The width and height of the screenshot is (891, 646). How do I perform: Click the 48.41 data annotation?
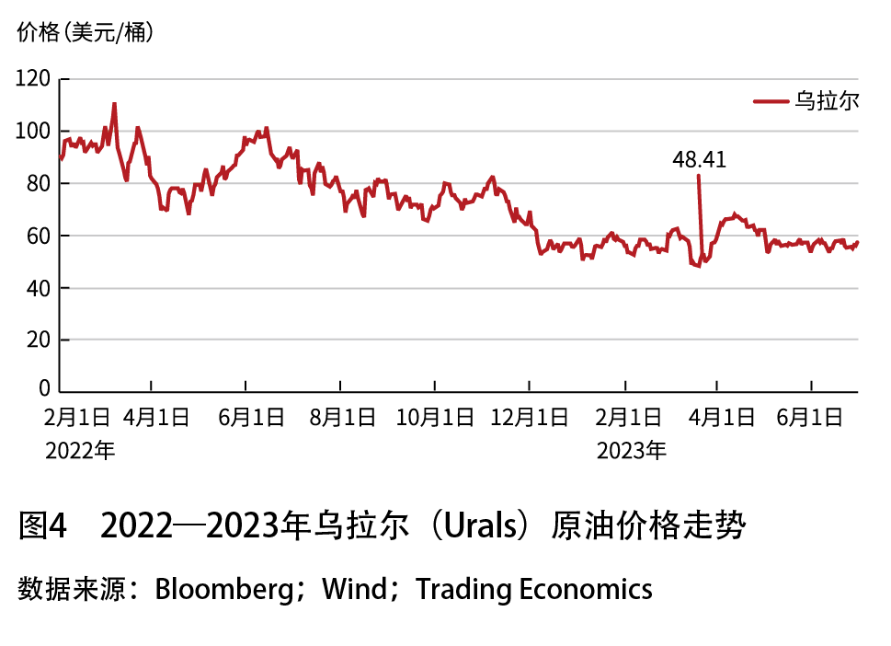click(x=699, y=160)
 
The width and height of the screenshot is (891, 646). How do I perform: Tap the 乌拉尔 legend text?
click(x=828, y=101)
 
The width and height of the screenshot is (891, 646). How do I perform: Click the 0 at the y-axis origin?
click(x=43, y=390)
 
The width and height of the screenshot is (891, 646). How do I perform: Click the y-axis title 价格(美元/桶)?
click(x=86, y=34)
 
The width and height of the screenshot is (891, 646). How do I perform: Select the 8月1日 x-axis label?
click(x=342, y=418)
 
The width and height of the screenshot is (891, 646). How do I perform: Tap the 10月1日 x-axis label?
click(x=436, y=418)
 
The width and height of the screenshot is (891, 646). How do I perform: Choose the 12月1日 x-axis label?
click(x=530, y=418)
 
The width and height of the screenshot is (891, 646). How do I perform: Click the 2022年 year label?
click(x=80, y=451)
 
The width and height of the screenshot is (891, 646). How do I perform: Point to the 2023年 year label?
click(x=632, y=451)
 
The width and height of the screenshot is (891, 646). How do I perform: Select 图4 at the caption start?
click(x=43, y=528)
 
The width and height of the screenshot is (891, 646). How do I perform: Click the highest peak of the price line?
click(x=114, y=104)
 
